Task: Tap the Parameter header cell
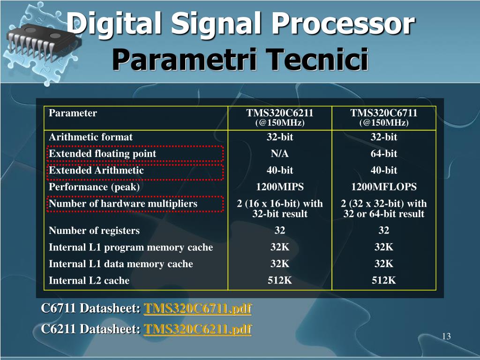73,113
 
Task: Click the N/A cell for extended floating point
280,154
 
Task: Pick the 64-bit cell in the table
384,154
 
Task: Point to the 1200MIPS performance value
280,187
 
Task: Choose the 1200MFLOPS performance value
384,187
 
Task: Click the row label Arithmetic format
91,137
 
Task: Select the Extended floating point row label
103,154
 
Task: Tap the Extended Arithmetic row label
97,171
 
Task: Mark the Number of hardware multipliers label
123,204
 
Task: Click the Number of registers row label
94,231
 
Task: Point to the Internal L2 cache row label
89,281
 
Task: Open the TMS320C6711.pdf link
197,308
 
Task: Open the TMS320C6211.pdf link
197,330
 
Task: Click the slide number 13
446,337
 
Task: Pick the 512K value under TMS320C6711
384,281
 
